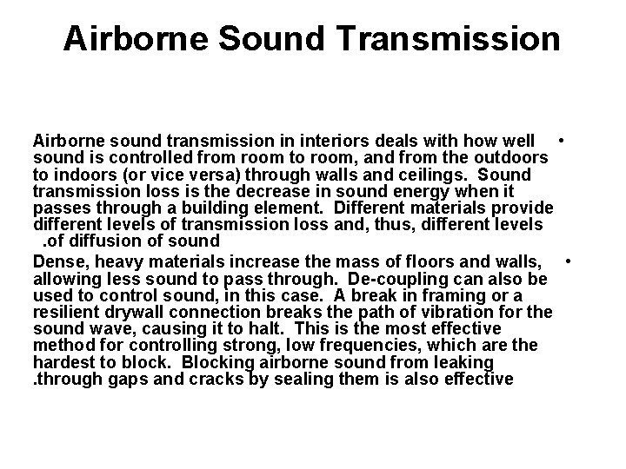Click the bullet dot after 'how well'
coord(563,139)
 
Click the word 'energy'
coord(439,191)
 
